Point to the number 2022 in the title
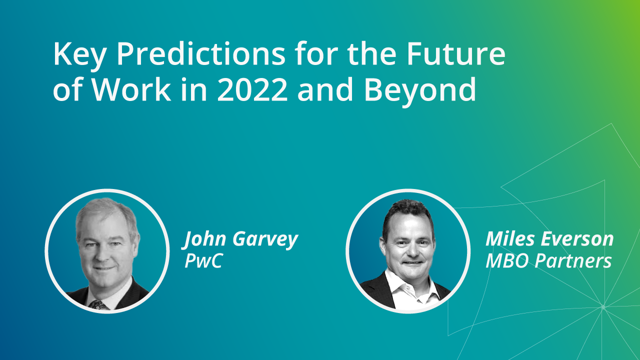(x=252, y=89)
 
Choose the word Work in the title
(x=131, y=89)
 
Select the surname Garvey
(x=265, y=240)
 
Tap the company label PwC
(x=203, y=260)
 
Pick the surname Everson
(x=577, y=239)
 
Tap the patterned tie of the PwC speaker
(x=99, y=305)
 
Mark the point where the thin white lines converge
(x=603, y=307)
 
